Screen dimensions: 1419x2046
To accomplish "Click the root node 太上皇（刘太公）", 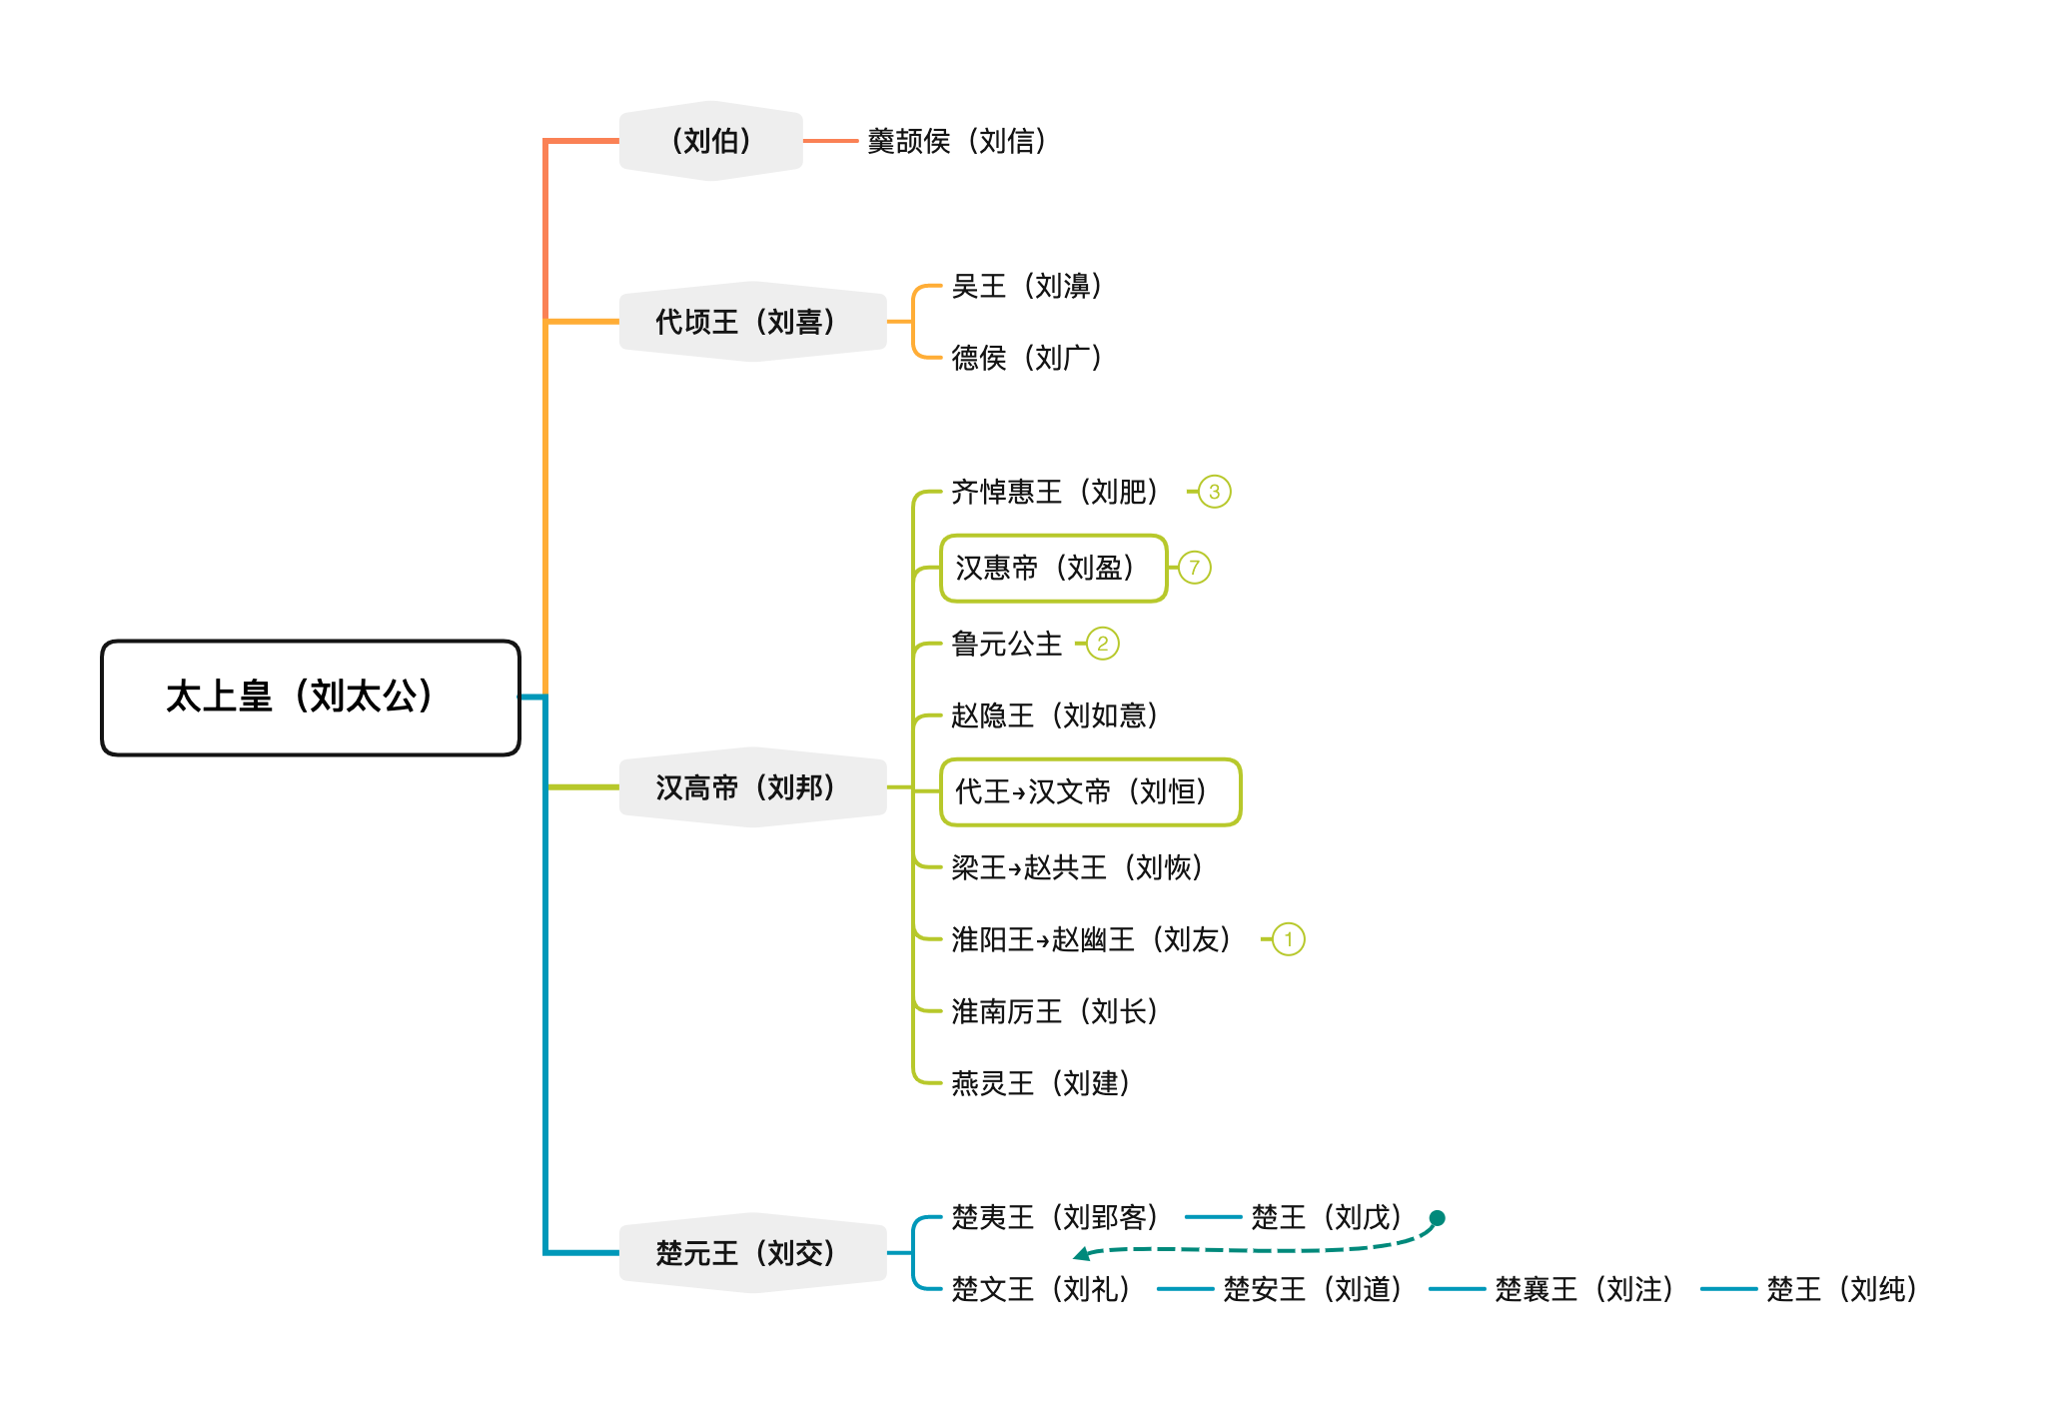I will (x=311, y=698).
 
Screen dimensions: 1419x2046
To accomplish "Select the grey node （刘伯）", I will (x=710, y=141).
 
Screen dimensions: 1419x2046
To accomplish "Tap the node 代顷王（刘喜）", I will (x=752, y=322).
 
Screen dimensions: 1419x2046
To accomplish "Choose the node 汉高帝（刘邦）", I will (x=752, y=787).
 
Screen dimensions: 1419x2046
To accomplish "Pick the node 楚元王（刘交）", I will (x=752, y=1253).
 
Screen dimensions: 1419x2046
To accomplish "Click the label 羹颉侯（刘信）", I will (x=956, y=141).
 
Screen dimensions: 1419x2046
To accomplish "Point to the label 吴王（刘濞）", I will (x=1026, y=286).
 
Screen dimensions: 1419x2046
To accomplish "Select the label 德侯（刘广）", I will (x=1026, y=358).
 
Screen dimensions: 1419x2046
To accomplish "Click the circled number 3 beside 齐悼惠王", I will (x=1214, y=492).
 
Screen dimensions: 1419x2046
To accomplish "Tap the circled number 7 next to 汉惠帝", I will (x=1194, y=568).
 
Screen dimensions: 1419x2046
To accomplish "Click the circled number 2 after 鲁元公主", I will (x=1102, y=644).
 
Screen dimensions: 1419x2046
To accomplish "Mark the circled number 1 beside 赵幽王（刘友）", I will (x=1288, y=939).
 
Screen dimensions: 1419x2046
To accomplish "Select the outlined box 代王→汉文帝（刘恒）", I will (x=1090, y=792).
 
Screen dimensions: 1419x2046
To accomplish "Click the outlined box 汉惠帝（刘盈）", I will (x=1053, y=569).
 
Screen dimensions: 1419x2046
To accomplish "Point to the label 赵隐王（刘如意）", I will (x=1054, y=715).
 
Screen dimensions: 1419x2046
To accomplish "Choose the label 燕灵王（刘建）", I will (x=1040, y=1083).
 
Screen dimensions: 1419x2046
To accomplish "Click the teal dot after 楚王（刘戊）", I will (x=1437, y=1218).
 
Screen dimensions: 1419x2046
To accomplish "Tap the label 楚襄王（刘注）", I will (x=1583, y=1289).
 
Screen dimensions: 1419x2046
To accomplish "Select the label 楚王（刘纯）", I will (x=1841, y=1289).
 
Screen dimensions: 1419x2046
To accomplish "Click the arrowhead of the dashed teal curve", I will (x=1081, y=1254).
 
